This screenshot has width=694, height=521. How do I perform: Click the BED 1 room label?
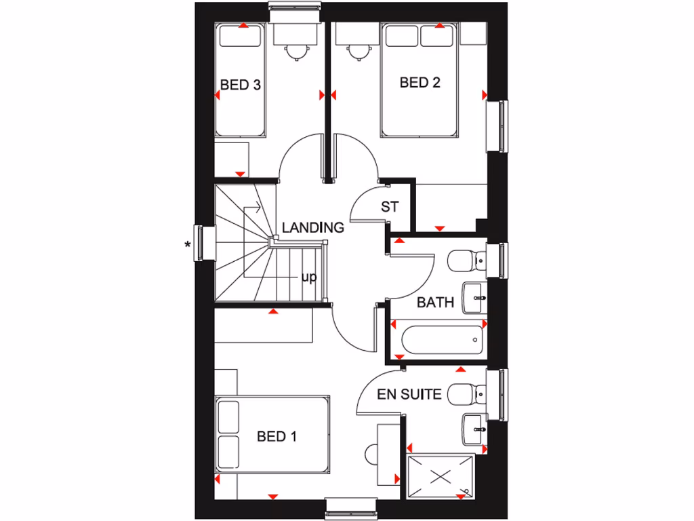277,437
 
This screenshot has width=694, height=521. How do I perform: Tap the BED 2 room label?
420,83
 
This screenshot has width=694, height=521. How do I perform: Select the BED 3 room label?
241,85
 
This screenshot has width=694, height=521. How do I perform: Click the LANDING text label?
312,228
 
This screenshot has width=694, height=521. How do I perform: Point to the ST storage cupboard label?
390,207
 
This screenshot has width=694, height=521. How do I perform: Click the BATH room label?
435,303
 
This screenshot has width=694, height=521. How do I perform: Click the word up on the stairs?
308,277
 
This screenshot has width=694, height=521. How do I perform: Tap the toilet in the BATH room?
468,260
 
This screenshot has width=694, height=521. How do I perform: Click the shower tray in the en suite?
441,476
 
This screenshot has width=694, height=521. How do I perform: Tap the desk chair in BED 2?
355,51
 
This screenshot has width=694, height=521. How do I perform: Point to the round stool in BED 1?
373,455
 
